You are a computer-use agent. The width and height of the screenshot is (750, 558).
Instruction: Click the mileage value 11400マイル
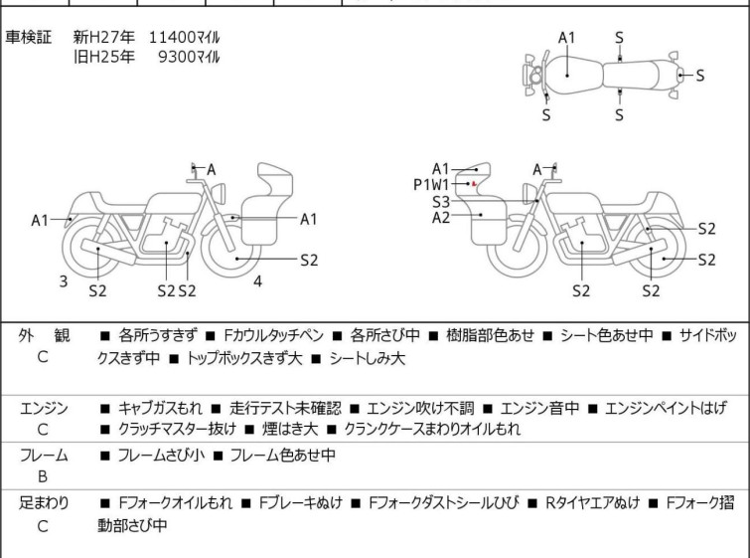[185, 37]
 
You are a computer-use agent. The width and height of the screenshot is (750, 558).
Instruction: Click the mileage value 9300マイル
[190, 57]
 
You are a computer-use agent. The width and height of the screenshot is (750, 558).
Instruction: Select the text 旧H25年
[103, 57]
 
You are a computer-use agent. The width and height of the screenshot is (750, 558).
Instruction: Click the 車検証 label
[29, 37]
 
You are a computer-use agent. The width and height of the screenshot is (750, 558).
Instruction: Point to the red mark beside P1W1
[475, 183]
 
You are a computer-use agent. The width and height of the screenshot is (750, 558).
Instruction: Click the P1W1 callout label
[431, 184]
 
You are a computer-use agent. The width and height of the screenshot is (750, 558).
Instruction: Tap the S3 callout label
[441, 201]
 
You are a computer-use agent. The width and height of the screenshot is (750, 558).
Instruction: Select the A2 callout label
[441, 218]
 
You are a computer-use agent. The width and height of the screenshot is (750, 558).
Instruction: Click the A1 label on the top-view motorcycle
[566, 38]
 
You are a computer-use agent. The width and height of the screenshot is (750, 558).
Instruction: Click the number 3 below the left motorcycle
[64, 281]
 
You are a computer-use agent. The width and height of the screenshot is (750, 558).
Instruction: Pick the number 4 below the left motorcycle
[257, 281]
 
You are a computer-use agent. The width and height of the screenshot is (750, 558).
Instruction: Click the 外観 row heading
[43, 336]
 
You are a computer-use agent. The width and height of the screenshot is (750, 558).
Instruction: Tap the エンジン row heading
[44, 408]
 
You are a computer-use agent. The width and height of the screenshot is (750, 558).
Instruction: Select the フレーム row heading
[44, 456]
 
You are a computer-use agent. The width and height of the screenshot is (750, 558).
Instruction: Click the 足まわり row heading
[44, 503]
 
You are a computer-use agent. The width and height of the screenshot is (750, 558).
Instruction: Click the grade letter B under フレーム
[43, 476]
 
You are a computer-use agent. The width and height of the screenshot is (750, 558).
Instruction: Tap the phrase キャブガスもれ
[158, 408]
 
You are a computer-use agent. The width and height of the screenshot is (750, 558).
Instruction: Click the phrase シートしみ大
[368, 358]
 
